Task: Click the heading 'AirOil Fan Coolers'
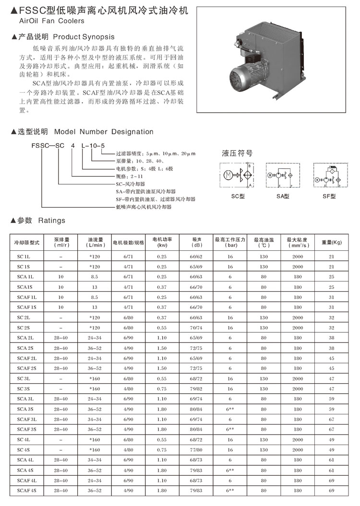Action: (51, 21)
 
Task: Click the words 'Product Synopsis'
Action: (84, 36)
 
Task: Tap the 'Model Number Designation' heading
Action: (104, 132)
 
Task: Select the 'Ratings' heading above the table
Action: (51, 221)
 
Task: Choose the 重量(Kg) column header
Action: (331, 243)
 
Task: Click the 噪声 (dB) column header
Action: (197, 243)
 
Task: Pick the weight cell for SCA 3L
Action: (331, 399)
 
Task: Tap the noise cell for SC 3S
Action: (197, 389)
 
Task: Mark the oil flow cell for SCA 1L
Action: (95, 277)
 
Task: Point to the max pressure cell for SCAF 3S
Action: (230, 429)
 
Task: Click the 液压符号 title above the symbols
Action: (237, 154)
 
